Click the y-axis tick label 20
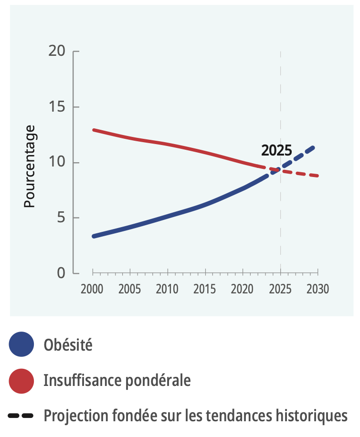pos(57,51)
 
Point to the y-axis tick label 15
pos(57,106)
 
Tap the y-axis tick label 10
pos(57,162)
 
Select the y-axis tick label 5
pos(60,218)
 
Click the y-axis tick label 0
pos(60,273)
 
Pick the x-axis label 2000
pos(92,289)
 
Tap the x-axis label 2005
pos(130,289)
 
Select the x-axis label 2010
pos(168,289)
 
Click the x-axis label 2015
pos(205,289)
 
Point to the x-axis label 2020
pos(243,289)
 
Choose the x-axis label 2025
pos(280,289)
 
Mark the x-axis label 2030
pos(318,289)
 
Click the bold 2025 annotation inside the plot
pos(276,151)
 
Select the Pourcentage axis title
pos(30,166)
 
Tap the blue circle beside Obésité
pos(21,344)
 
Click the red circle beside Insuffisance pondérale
pos(21,381)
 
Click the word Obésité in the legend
pos(68,344)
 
